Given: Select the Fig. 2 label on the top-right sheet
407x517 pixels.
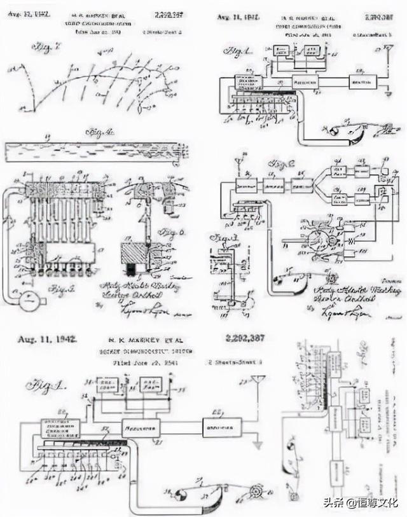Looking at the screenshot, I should (278, 164).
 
